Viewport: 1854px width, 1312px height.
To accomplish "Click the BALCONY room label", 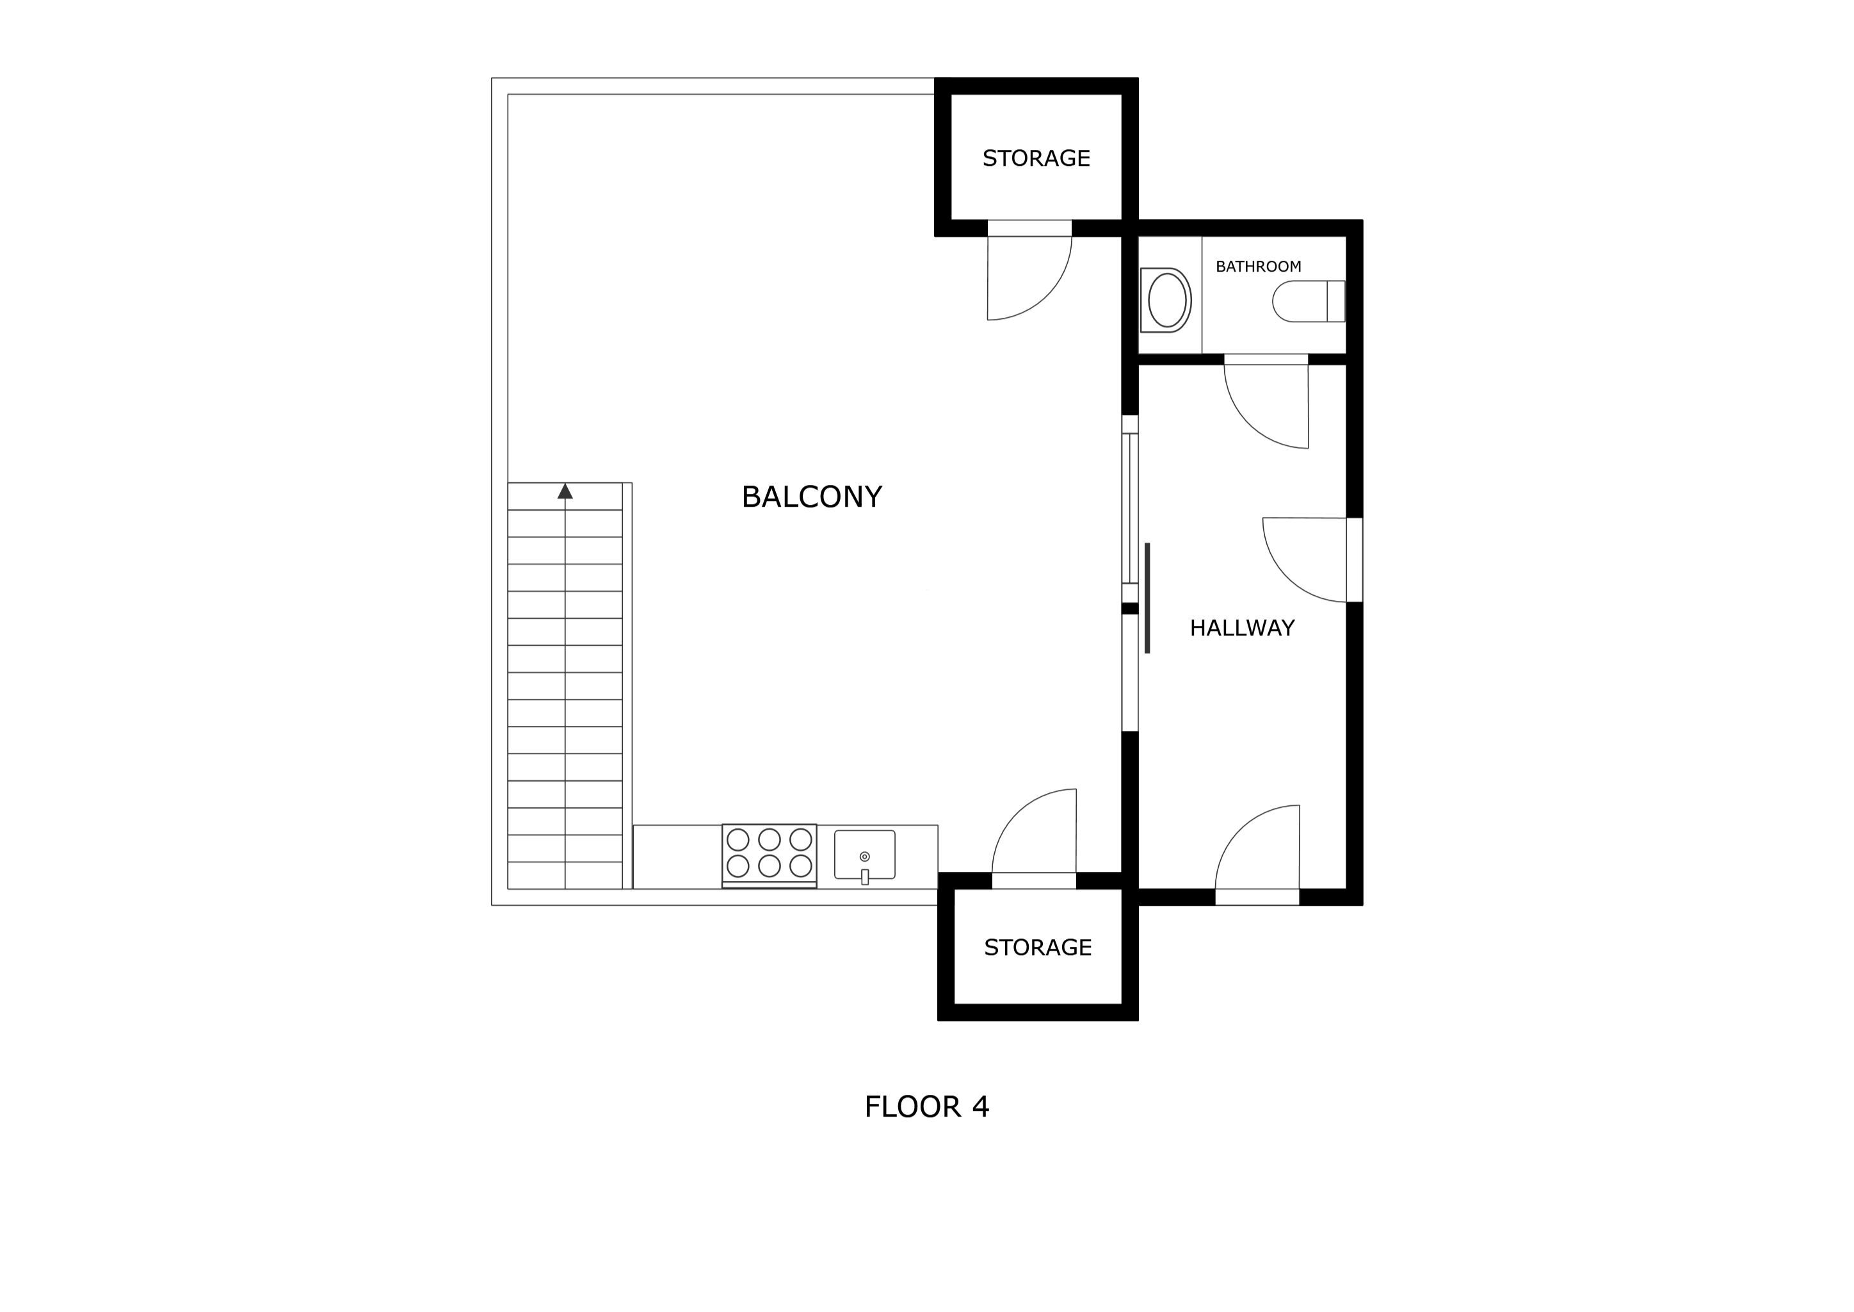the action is pos(812,497).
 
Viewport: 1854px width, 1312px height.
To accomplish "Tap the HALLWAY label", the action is pos(1242,628).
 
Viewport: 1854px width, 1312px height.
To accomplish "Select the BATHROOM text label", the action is pos(1258,266).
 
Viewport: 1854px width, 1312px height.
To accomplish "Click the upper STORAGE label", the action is pos(1036,158).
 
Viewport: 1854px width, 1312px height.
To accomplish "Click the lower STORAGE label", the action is pos(1038,947).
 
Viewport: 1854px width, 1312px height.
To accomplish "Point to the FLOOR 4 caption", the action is pos(926,1107).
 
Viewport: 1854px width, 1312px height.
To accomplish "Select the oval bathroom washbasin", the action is pos(1166,300).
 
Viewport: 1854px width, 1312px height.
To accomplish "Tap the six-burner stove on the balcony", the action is pos(769,855).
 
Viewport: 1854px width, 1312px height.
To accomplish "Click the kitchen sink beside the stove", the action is pos(864,855).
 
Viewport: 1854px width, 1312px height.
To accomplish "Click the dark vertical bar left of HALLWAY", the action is pos(1147,598).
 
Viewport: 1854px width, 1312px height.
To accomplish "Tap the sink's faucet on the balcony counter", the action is pos(864,876).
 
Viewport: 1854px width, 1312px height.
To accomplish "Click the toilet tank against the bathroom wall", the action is pos(1336,301).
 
